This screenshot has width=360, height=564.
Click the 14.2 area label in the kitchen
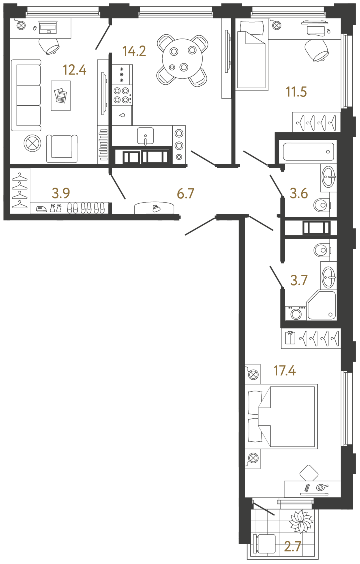click(x=134, y=51)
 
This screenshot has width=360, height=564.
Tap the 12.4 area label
click(x=74, y=70)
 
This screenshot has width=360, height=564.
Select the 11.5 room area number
click(x=297, y=92)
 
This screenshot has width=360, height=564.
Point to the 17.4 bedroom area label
click(x=285, y=370)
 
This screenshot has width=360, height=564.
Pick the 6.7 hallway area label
click(x=185, y=194)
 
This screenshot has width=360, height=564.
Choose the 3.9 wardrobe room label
click(x=61, y=194)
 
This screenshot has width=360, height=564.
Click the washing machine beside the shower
click(x=296, y=313)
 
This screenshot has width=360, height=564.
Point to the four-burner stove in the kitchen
click(x=122, y=95)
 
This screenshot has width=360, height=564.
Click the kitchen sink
click(x=146, y=136)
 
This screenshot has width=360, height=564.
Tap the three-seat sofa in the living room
click(x=26, y=95)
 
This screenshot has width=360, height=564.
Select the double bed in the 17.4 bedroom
click(x=282, y=416)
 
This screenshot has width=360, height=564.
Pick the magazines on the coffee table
click(x=60, y=95)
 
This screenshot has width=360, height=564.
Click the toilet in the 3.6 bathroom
click(x=322, y=205)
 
